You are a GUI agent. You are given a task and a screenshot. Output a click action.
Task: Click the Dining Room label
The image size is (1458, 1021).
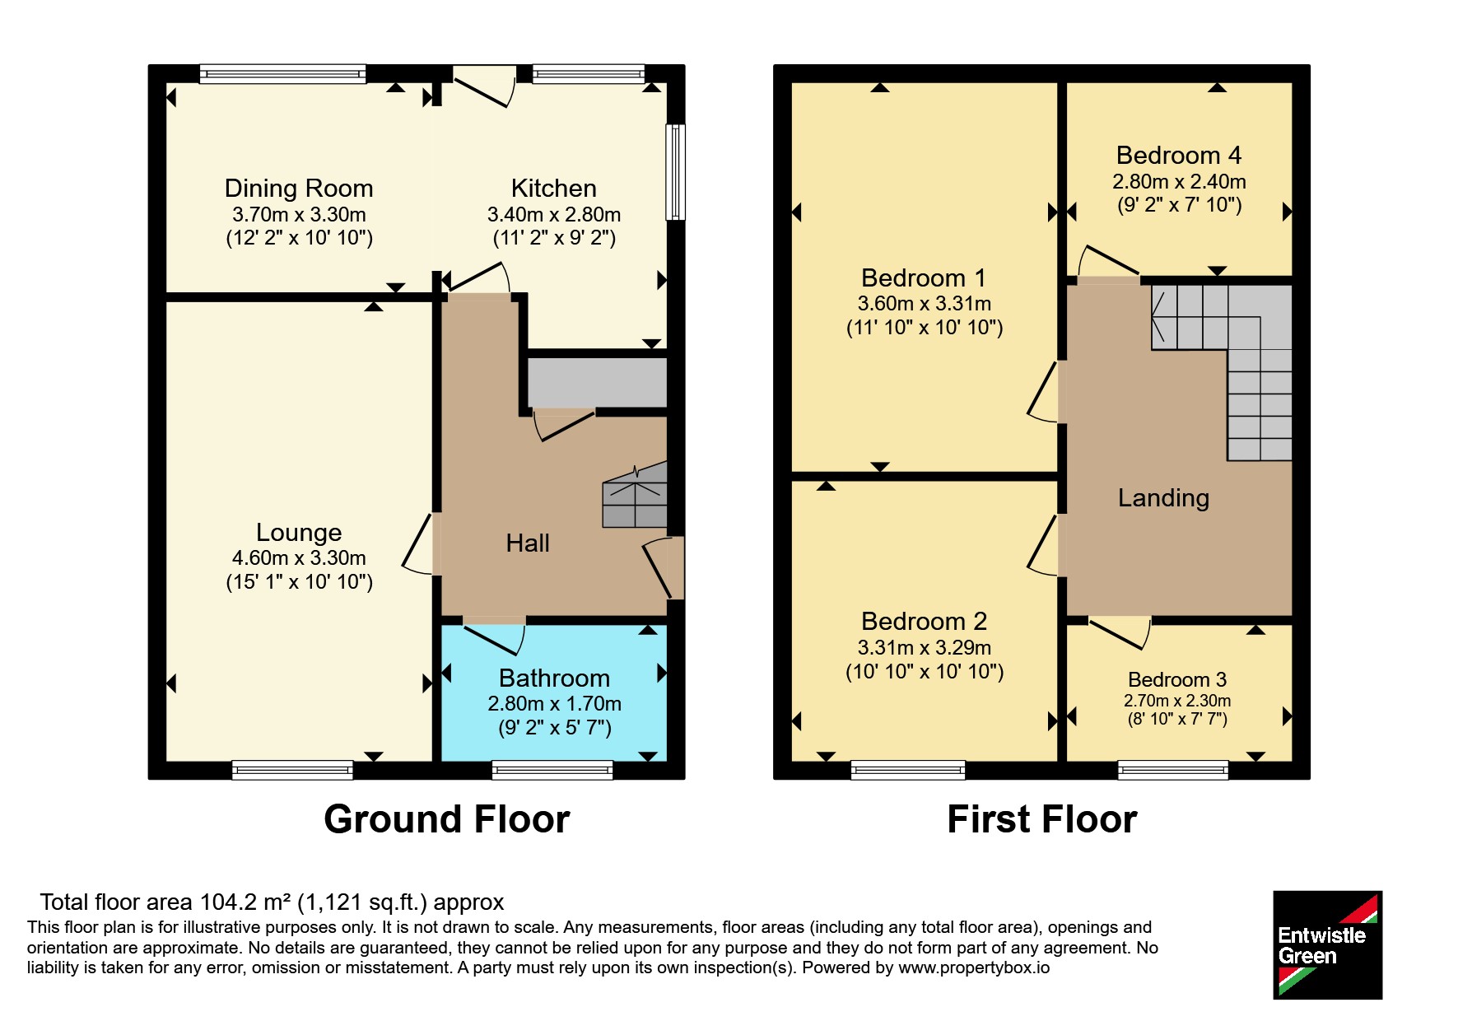pyautogui.click(x=299, y=189)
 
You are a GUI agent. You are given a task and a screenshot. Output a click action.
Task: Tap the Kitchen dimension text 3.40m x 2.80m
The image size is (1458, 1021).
pyautogui.click(x=554, y=215)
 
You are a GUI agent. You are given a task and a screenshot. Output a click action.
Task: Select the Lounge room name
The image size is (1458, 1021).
pyautogui.click(x=299, y=533)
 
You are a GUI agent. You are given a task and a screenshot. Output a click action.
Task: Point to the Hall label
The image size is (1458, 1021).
pyautogui.click(x=528, y=543)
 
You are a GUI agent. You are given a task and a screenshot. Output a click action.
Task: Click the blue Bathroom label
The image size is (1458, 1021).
pyautogui.click(x=554, y=678)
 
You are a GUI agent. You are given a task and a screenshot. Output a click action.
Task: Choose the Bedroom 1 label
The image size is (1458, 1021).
pyautogui.click(x=924, y=278)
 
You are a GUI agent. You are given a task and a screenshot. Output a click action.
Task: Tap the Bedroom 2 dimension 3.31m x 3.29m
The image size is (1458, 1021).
pyautogui.click(x=925, y=648)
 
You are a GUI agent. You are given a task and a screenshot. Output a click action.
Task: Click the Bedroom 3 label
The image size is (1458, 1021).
pyautogui.click(x=1177, y=680)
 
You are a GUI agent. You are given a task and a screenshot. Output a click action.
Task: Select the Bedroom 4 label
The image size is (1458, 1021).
pyautogui.click(x=1179, y=156)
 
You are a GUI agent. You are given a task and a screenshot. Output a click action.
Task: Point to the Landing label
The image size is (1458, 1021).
pyautogui.click(x=1163, y=498)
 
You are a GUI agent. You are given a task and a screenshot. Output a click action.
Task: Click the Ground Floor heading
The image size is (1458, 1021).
pyautogui.click(x=447, y=820)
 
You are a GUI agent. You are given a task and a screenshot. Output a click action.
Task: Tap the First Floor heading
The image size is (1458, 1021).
pyautogui.click(x=1042, y=820)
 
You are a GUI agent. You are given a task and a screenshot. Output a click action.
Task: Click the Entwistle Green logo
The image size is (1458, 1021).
pyautogui.click(x=1327, y=945)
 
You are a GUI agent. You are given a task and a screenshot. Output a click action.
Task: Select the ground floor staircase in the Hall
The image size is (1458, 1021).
pyautogui.click(x=635, y=495)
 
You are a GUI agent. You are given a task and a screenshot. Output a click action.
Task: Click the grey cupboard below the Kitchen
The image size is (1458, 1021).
pyautogui.click(x=597, y=382)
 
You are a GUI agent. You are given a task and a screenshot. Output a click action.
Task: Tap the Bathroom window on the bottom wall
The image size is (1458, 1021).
pyautogui.click(x=552, y=770)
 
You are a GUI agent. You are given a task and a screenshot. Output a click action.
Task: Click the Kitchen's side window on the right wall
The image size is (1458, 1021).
pyautogui.click(x=675, y=172)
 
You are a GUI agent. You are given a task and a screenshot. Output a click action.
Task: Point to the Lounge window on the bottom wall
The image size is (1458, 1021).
pyautogui.click(x=292, y=770)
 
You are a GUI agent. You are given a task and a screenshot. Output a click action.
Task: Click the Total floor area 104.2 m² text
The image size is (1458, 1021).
pyautogui.click(x=272, y=902)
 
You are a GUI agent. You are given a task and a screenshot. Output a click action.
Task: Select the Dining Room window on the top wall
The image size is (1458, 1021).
pyautogui.click(x=282, y=74)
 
